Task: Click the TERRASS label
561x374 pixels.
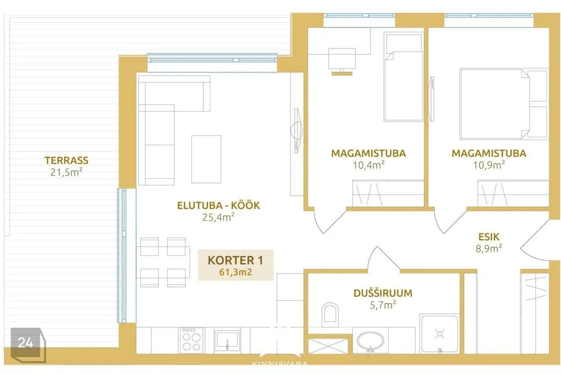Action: tap(67, 160)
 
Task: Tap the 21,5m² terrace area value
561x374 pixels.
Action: tap(67, 172)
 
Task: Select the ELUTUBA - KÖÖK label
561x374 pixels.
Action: tap(219, 205)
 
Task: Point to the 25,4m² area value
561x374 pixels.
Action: tap(218, 217)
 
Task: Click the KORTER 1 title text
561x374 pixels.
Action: tap(236, 260)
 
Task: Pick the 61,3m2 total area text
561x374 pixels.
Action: tap(236, 272)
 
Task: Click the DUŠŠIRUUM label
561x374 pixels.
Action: tap(383, 293)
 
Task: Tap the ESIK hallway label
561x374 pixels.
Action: tap(489, 236)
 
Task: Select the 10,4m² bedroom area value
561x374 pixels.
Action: tap(369, 165)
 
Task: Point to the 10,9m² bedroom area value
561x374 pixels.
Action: tap(489, 165)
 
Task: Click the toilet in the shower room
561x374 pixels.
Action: tap(330, 314)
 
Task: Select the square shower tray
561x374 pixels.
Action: tap(439, 334)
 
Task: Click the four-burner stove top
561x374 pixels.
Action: tap(191, 338)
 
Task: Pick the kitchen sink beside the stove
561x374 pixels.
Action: tap(227, 340)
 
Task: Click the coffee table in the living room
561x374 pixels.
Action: tap(206, 160)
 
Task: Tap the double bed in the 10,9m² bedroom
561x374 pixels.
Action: tap(504, 104)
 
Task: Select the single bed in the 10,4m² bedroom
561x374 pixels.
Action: tap(403, 77)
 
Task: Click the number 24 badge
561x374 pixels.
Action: tap(26, 342)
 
